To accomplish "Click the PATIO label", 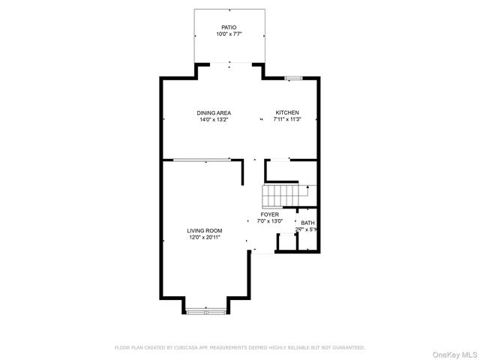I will pos(229,27).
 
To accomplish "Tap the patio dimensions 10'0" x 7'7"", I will pos(229,34).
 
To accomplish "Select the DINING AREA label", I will pos(214,113).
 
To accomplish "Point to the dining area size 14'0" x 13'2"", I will pos(214,120).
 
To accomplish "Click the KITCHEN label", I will pos(286,113).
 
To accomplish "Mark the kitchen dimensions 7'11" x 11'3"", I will pos(286,120).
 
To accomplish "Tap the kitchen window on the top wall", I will pos(293,76).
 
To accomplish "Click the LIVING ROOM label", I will pos(204,231).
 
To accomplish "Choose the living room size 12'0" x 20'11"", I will pos(204,238).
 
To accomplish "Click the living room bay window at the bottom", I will pos(205,310).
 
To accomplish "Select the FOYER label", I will pos(270,214).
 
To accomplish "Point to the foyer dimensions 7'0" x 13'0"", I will pos(270,221).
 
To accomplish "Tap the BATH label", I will pos(307,223).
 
